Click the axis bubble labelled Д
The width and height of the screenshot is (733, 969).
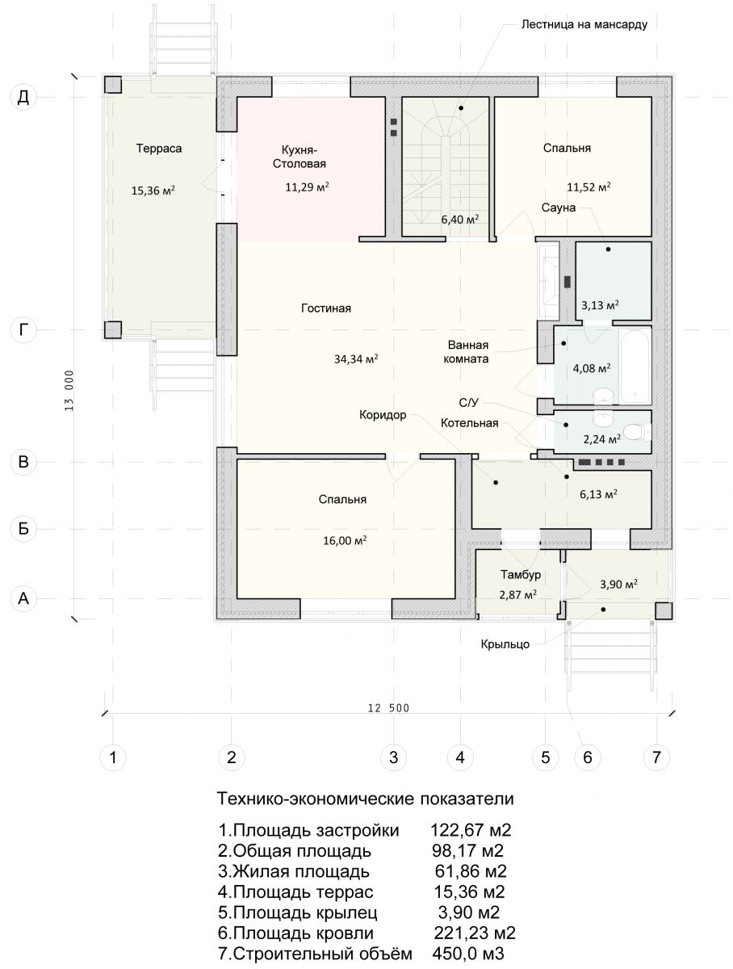[x=23, y=97]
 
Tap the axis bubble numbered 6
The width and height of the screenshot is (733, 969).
[x=587, y=757]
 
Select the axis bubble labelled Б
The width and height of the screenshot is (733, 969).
[x=23, y=528]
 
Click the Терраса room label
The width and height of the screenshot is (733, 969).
[x=159, y=149]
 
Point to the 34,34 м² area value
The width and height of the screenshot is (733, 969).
[x=356, y=359]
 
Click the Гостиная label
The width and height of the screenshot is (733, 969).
[x=325, y=308]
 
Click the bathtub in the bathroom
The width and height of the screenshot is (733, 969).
[x=635, y=365]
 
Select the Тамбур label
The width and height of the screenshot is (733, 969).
[x=521, y=574]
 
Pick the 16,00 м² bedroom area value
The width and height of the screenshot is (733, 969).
[x=345, y=540]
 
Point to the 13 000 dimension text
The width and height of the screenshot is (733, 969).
[x=69, y=390]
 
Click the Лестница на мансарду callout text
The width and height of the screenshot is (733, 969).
[x=584, y=24]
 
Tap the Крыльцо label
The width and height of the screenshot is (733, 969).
[x=505, y=644]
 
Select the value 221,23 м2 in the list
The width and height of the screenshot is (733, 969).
[x=475, y=933]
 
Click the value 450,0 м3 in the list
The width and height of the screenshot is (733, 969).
[x=467, y=954]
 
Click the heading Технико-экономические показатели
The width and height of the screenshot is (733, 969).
[x=366, y=799]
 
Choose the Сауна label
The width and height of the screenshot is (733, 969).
[x=559, y=208]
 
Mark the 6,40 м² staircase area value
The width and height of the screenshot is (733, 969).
[x=460, y=219]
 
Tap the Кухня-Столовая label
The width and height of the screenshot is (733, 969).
[x=299, y=157]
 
